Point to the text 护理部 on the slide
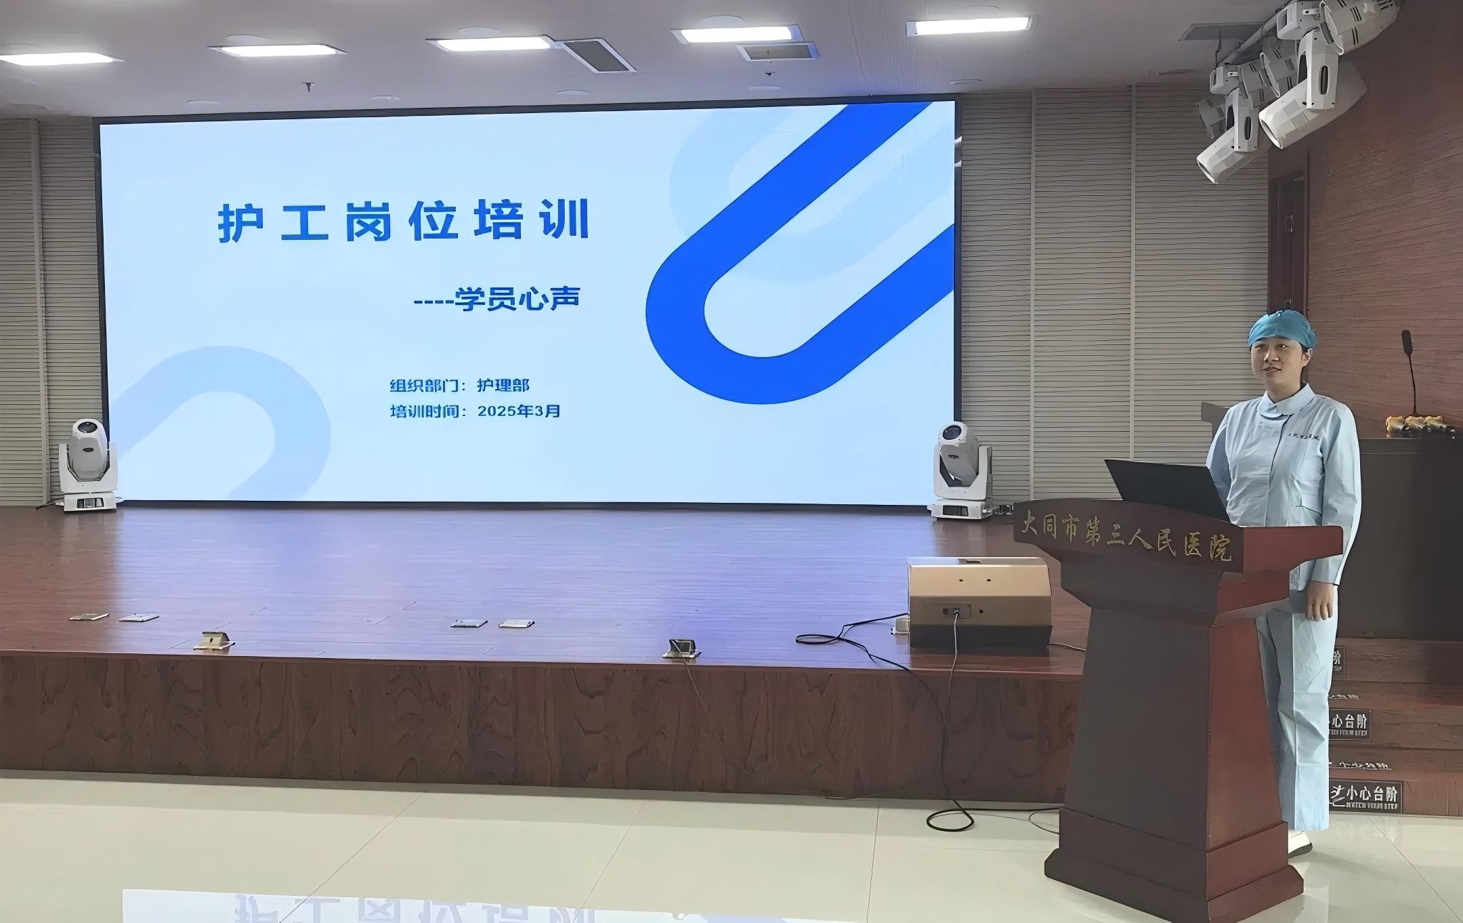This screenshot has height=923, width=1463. pos(503,386)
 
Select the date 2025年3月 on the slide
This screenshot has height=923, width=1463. pos(519,411)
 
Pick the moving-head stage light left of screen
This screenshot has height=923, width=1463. pos(88,465)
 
